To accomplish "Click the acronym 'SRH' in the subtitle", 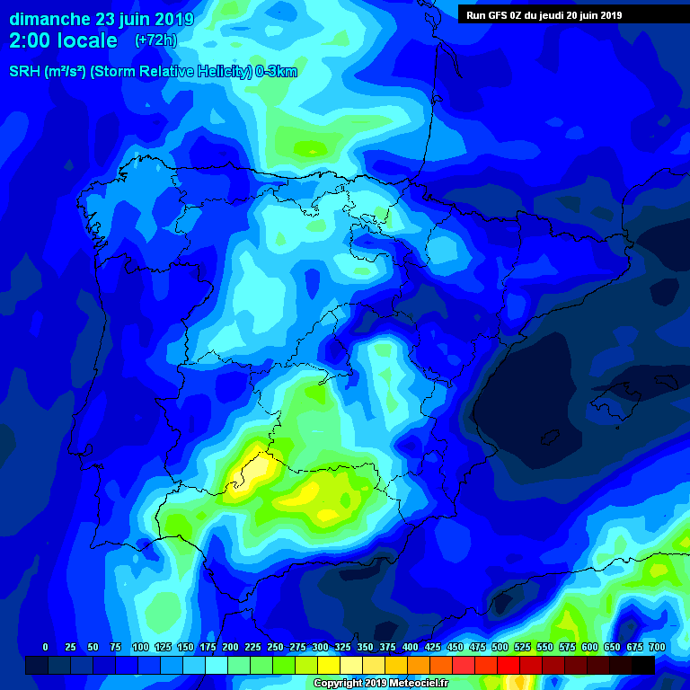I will coord(25,72).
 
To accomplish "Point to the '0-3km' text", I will coord(275,72).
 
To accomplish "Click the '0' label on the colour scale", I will coord(45,647).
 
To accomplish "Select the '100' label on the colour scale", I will coord(139,647).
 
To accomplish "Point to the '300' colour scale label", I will coord(320,647).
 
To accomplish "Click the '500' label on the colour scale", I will coord(500,647).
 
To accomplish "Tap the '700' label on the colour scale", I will coord(657,647).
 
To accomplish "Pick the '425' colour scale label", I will coord(432,647).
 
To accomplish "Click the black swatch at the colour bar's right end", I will coord(643,665).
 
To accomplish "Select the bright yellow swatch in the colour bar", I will coord(329,665).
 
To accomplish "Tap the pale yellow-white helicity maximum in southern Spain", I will coord(258,468).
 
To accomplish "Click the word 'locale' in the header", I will coord(90,40).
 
